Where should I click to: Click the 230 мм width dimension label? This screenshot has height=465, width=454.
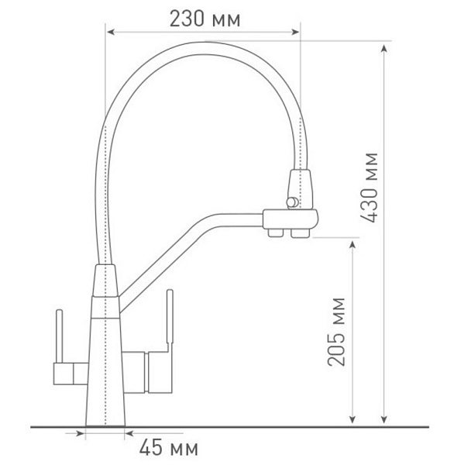(x=204, y=18)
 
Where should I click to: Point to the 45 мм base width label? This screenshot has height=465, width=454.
(x=168, y=447)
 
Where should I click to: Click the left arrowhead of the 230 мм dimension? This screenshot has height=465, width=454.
(x=109, y=33)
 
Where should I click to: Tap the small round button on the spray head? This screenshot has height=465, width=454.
(x=291, y=202)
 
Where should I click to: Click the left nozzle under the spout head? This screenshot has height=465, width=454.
(x=273, y=232)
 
